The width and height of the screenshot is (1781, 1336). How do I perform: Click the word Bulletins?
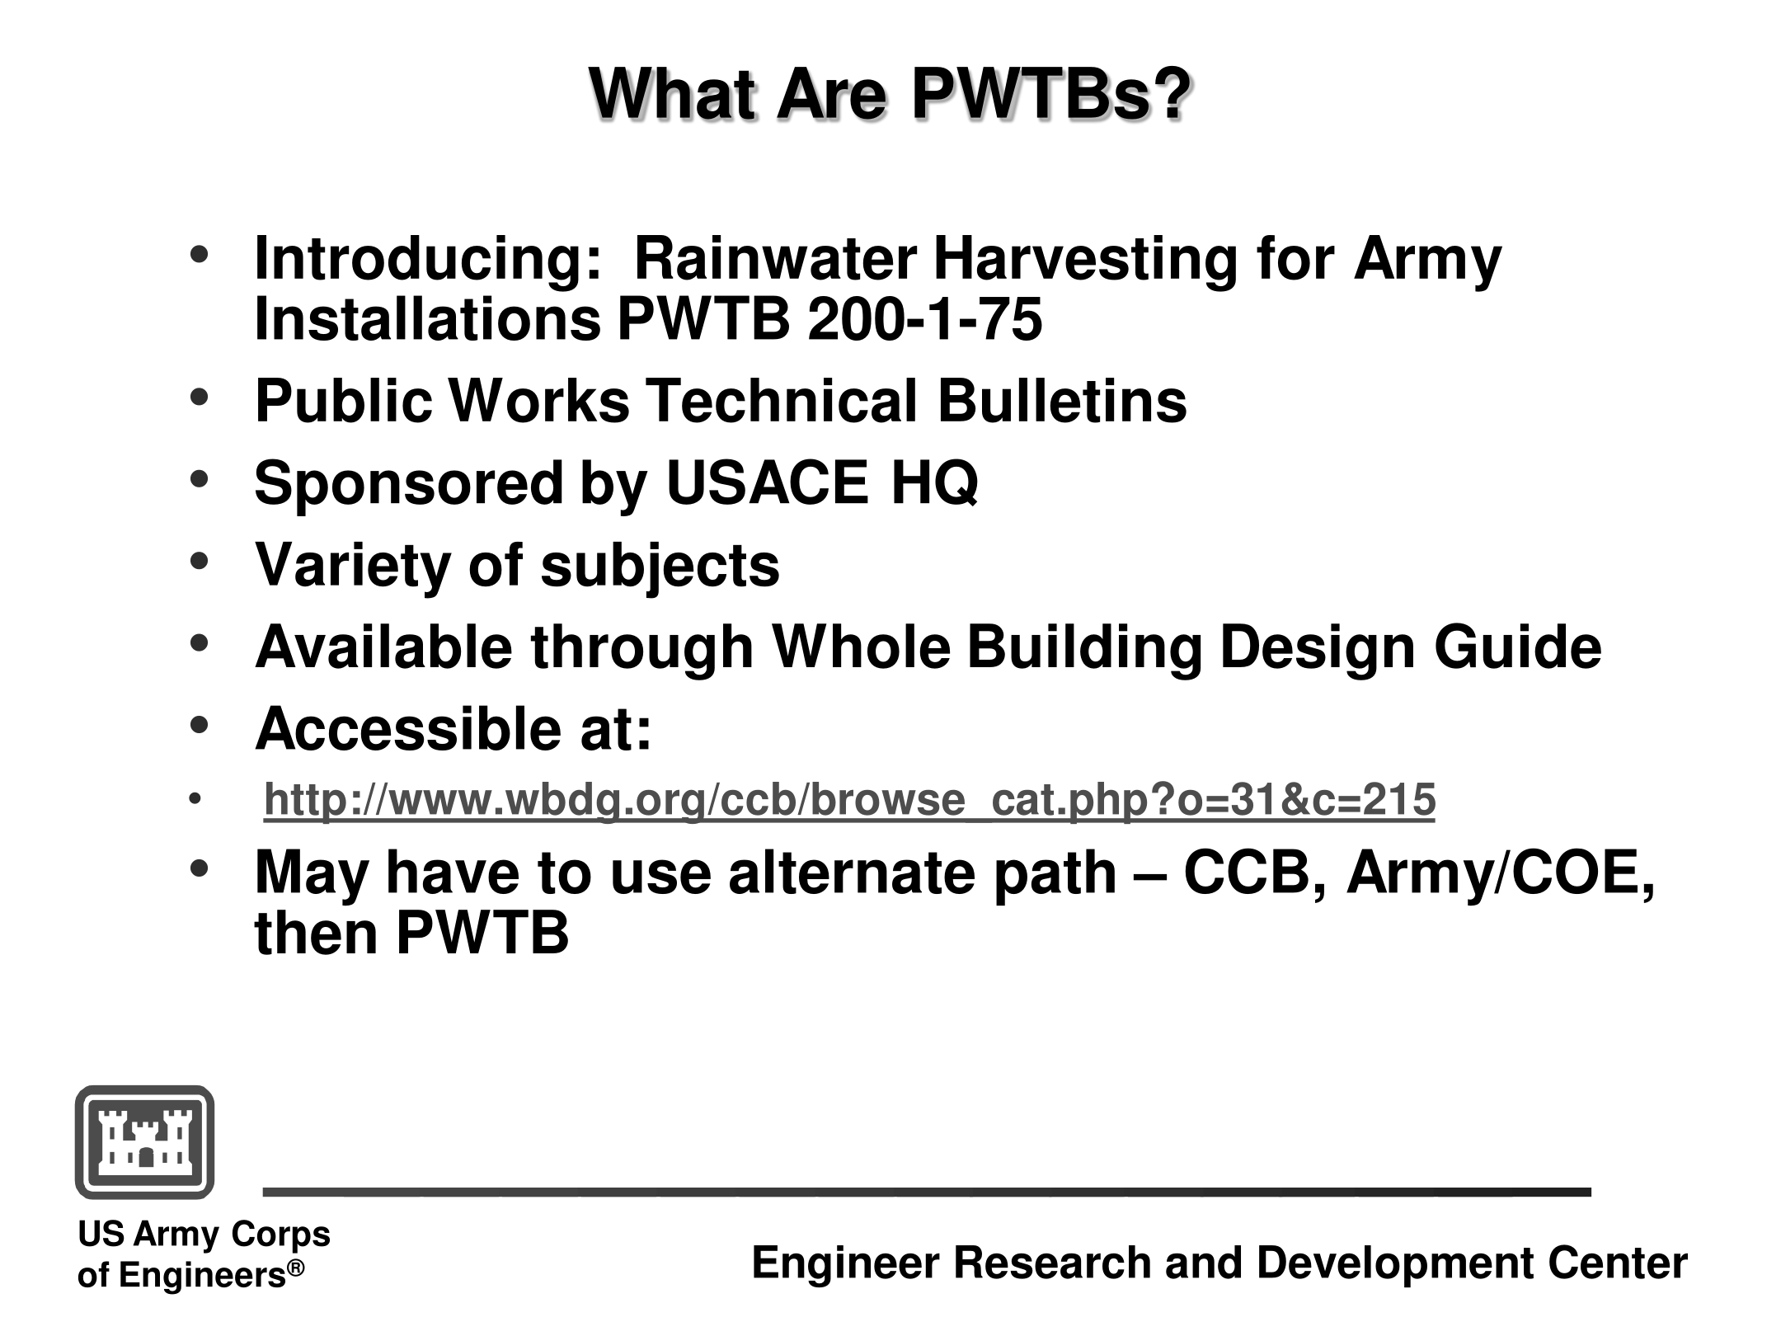1062,401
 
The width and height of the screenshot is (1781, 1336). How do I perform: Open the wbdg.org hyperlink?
849,800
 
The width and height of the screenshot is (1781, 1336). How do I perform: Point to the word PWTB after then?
482,934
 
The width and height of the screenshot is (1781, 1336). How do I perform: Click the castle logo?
144,1142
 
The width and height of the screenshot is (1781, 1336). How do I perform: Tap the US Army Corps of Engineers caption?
204,1254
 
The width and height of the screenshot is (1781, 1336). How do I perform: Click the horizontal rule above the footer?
927,1192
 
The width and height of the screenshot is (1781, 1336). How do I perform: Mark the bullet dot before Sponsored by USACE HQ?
199,477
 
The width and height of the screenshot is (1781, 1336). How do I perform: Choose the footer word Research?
1052,1263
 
